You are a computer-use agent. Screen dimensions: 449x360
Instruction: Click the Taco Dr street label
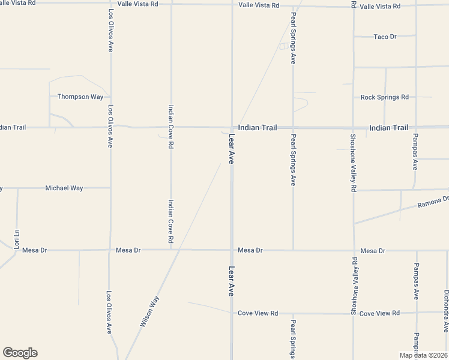(x=385, y=37)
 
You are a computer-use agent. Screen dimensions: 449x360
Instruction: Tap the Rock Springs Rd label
(x=385, y=97)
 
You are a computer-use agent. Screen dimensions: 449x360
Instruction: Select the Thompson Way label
(x=80, y=97)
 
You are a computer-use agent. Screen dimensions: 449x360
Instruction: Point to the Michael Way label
(x=64, y=188)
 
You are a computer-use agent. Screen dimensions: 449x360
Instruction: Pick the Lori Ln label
(x=17, y=239)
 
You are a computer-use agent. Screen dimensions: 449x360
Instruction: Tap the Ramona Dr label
(x=433, y=202)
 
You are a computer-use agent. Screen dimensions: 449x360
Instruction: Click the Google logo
(x=20, y=353)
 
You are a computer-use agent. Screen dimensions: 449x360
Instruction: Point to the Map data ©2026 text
(x=423, y=355)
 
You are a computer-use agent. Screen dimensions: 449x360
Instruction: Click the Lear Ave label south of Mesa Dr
(x=232, y=281)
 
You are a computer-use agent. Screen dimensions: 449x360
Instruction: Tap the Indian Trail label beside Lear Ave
(x=257, y=128)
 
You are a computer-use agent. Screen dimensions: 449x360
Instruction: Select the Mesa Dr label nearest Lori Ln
(x=34, y=250)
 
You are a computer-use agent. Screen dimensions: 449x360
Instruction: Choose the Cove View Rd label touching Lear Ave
(x=258, y=313)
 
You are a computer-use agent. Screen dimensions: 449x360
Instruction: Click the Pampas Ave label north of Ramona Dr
(x=415, y=152)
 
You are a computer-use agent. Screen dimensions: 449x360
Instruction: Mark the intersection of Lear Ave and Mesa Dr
(x=232, y=250)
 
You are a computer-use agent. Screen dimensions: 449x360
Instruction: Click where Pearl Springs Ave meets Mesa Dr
(x=293, y=250)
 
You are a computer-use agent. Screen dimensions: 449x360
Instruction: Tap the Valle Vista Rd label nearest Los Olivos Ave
(x=138, y=4)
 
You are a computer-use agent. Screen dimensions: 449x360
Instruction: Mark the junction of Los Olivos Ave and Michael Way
(x=110, y=188)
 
